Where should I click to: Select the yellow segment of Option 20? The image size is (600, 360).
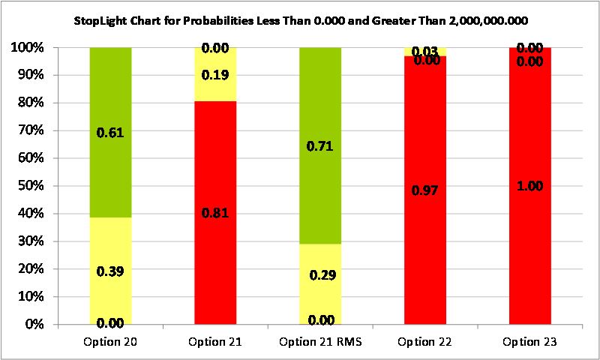pos(110,247)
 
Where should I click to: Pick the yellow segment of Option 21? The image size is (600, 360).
pos(215,90)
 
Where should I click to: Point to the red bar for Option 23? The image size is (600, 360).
pos(530,225)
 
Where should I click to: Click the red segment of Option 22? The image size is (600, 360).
pos(425,240)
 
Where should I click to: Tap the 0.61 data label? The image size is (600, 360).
pos(111,133)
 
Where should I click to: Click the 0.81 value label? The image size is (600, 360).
pos(216,213)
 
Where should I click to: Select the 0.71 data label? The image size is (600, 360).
pos(321,146)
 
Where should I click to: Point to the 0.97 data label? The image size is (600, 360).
pos(425,190)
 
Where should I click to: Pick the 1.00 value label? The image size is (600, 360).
pos(530,185)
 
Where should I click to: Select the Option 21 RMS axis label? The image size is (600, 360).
pos(320,342)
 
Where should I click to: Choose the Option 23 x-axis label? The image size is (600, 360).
pos(530,342)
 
